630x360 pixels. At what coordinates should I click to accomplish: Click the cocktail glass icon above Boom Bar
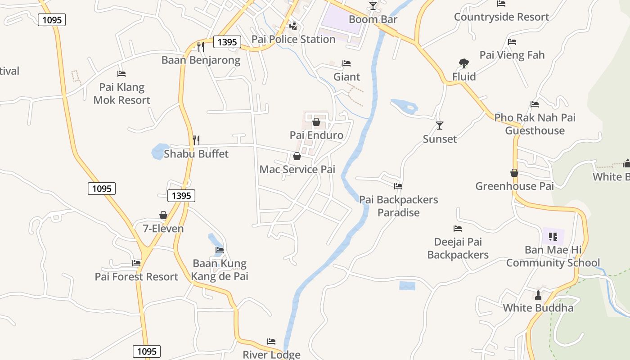coord(373,6)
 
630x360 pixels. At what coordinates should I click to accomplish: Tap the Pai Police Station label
coord(293,39)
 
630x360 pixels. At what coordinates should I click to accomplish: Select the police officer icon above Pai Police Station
coord(293,26)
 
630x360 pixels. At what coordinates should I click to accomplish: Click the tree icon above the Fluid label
coord(463,63)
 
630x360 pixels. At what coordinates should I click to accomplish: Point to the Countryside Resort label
coord(501,17)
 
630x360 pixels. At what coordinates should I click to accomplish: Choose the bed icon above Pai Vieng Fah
coord(512,42)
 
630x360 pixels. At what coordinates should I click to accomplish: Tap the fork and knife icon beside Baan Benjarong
coord(201,46)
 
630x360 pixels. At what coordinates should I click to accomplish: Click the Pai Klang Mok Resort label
coord(122,94)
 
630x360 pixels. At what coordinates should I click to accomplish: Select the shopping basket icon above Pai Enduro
coord(316,122)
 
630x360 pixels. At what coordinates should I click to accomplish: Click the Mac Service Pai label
coord(297,169)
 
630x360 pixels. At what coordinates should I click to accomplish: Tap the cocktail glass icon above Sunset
coord(440,126)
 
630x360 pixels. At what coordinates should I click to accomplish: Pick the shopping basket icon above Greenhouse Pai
coord(514,173)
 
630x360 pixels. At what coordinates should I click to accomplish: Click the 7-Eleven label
coord(163,229)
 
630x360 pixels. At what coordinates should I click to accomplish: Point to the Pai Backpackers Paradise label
coord(399,206)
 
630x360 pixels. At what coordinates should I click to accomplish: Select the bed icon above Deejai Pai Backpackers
coord(458,229)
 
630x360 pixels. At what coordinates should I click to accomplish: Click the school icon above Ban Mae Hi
coord(553,236)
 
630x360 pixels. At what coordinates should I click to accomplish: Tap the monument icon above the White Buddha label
coord(538,295)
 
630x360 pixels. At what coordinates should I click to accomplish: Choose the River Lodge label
coord(271,355)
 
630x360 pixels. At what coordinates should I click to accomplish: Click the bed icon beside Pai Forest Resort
coord(136,263)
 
